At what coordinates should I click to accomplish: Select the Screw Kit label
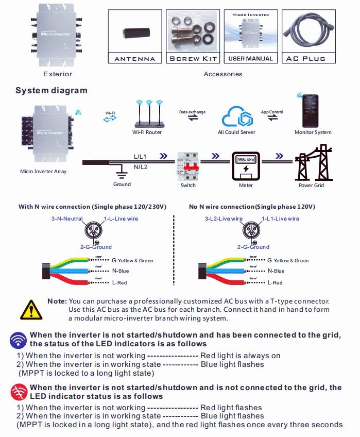pos(193,59)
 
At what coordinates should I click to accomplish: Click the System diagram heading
pos(52,91)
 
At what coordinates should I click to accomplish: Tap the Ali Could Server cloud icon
pos(237,116)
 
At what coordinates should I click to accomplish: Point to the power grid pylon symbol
pos(312,162)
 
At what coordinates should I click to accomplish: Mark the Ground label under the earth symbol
pos(122,184)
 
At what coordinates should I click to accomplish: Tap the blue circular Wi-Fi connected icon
pos(19,340)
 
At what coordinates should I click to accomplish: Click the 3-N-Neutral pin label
pos(68,218)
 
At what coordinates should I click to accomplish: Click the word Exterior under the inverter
pos(58,74)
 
